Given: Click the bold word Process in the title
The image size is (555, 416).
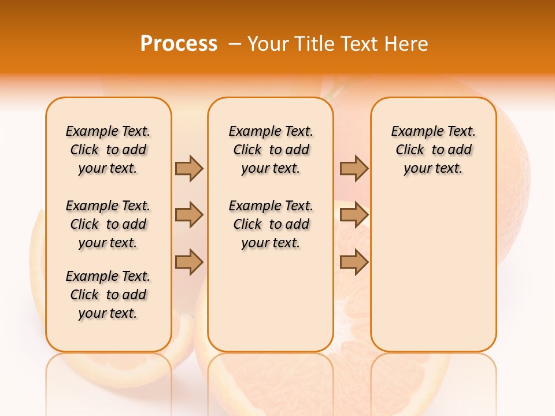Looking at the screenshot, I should click(x=179, y=44).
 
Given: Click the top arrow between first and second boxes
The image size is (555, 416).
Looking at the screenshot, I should click(x=189, y=168).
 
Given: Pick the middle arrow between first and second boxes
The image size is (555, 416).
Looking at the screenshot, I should click(x=189, y=215).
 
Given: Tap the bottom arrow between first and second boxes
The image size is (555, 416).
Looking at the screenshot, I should click(x=189, y=262).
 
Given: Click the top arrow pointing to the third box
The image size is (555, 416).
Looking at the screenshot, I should click(x=354, y=168).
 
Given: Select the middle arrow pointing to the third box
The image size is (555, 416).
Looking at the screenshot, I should click(x=354, y=215).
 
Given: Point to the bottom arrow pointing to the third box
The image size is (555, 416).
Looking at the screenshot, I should click(x=354, y=262).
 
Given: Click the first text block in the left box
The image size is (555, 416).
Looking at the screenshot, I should click(x=108, y=150).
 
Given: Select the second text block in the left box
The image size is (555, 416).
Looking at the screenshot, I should click(x=108, y=224).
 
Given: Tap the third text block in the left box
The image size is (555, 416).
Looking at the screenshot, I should click(x=108, y=295).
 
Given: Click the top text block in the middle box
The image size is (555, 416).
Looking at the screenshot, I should click(x=271, y=150).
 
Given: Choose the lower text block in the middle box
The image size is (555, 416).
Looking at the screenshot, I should click(x=271, y=224).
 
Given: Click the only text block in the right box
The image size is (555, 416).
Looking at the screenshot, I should click(x=433, y=150).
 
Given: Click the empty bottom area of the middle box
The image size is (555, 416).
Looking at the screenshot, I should click(x=271, y=306).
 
